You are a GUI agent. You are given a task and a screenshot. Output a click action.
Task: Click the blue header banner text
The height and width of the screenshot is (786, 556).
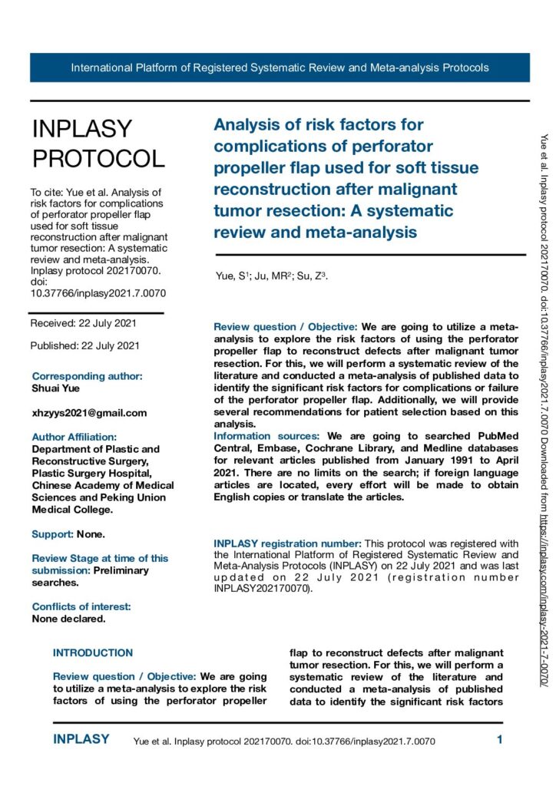[280, 68]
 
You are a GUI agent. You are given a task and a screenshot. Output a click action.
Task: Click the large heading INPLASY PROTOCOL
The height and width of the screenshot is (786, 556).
[98, 144]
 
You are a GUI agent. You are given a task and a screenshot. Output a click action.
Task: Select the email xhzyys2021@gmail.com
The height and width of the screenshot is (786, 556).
[89, 413]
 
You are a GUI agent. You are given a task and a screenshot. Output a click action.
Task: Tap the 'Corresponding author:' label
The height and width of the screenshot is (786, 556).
[87, 376]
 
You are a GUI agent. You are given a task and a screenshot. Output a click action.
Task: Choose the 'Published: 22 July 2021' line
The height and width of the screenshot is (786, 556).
[84, 345]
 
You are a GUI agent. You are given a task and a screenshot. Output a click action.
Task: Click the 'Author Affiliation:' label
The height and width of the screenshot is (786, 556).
[74, 437]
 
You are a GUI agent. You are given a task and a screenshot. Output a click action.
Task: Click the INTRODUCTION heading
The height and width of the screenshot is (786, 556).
[93, 632]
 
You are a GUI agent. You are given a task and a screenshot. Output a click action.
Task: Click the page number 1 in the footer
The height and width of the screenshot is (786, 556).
[499, 740]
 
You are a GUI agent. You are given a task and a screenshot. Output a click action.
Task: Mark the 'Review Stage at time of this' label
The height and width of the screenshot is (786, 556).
[100, 558]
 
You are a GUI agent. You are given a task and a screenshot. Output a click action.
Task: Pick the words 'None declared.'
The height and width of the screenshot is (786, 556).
[68, 618]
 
